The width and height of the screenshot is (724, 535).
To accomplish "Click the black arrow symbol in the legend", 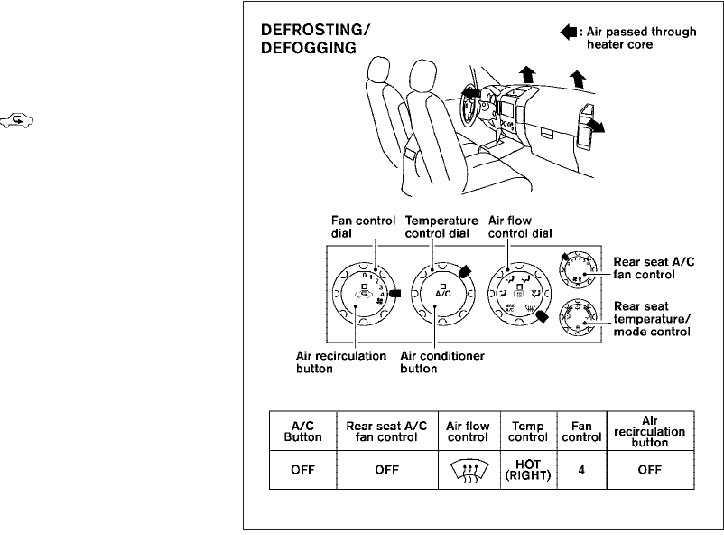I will (x=568, y=33).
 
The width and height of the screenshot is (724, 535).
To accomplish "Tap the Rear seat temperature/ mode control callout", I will (x=652, y=319).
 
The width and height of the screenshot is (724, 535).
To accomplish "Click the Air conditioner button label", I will (x=443, y=362).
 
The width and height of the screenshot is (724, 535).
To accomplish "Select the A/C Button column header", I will (x=303, y=431).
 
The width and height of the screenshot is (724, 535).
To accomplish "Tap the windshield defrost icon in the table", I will (x=468, y=470).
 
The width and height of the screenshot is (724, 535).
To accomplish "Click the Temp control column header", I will (x=528, y=431).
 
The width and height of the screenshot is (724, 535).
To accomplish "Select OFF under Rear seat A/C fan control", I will (x=381, y=470).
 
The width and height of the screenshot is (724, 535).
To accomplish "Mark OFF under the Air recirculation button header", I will (x=648, y=470).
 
